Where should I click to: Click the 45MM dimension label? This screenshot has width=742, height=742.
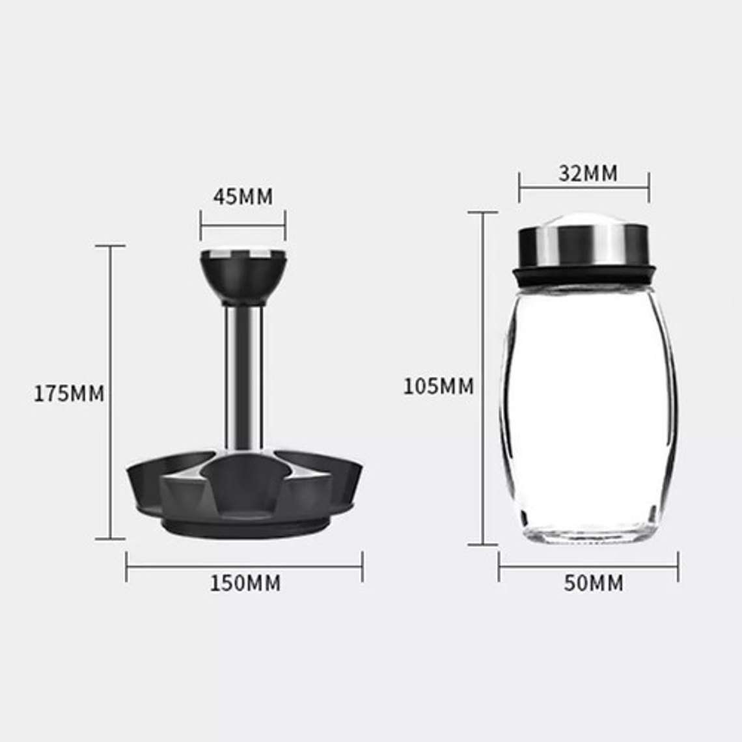pos(243,196)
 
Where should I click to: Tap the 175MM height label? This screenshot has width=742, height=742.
pos(69,394)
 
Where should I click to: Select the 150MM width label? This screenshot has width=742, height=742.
pos(245,583)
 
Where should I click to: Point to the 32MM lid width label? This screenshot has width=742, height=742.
pos(588,174)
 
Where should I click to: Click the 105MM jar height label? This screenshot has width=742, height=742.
pos(439,386)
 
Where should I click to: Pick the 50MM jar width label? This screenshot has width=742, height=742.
pos(593,583)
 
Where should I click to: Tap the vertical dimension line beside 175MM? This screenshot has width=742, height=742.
pos(110,456)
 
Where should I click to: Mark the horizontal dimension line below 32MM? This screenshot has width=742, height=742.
pos(584,189)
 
